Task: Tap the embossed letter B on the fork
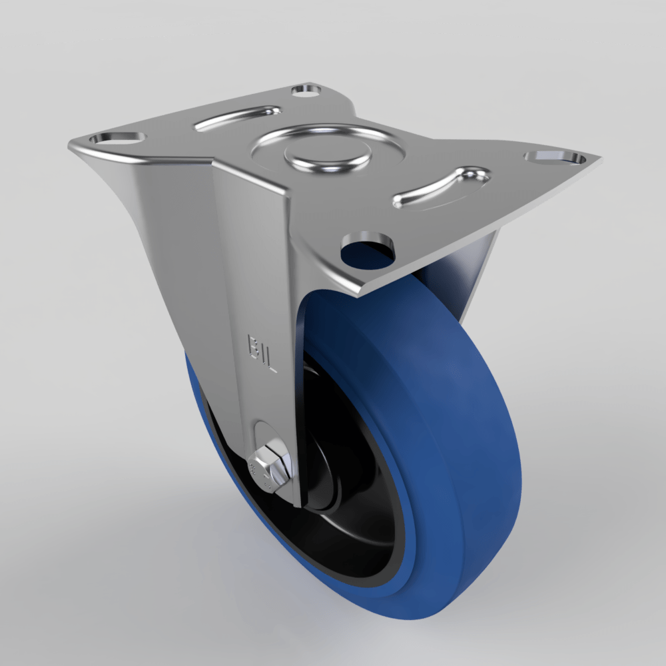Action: click(254, 345)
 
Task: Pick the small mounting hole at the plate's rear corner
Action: click(304, 89)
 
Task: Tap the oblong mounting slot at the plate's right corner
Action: click(554, 158)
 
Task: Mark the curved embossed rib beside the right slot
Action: click(442, 186)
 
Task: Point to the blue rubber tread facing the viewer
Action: click(460, 433)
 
